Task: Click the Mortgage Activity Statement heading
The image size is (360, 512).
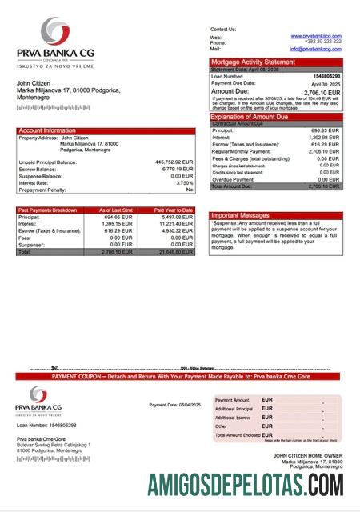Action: pos(253,62)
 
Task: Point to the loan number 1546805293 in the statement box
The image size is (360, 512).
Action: pos(327,76)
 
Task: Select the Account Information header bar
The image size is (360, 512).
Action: pos(105,130)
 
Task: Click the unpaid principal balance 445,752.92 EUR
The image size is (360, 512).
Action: pos(174,162)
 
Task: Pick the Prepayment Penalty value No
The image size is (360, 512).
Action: pos(190,190)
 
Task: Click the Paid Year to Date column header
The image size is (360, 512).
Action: pos(174,210)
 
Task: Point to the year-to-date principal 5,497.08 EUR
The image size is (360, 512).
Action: pos(178,217)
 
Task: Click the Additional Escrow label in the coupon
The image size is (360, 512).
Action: pos(233,418)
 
